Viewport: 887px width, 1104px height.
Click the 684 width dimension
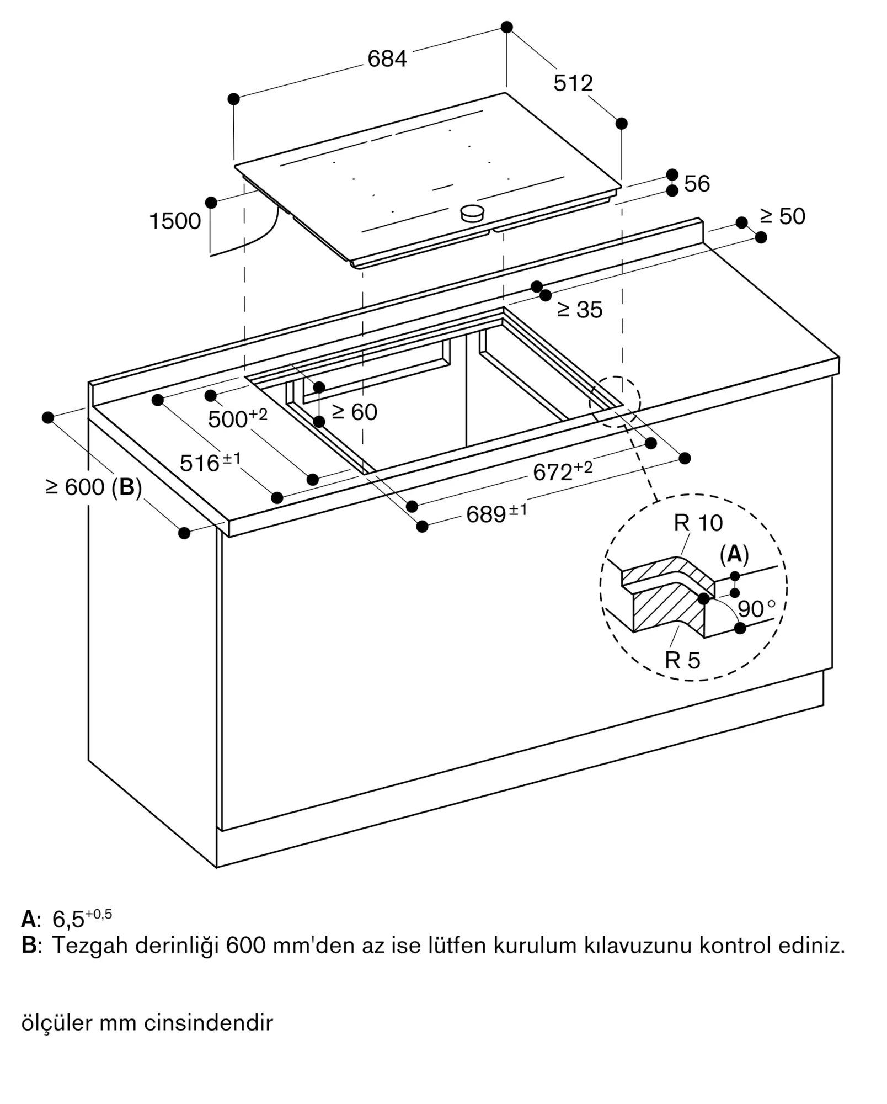[x=387, y=59]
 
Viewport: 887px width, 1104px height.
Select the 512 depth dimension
[x=573, y=83]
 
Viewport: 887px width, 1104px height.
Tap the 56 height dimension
[x=697, y=183]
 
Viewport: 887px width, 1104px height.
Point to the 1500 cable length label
[x=175, y=221]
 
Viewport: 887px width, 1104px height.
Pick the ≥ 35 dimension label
[x=580, y=310]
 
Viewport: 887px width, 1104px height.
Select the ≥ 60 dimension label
[x=355, y=412]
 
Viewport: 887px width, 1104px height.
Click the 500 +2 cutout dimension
[x=238, y=418]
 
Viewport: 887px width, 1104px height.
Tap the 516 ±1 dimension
[x=210, y=462]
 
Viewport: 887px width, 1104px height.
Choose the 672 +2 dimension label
[x=563, y=471]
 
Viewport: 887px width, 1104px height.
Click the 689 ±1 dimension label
[x=496, y=513]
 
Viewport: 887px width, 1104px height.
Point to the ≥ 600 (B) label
[x=94, y=487]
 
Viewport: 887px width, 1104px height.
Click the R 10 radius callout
[x=698, y=523]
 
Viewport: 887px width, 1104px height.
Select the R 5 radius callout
[x=682, y=660]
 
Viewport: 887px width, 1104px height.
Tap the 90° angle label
[x=756, y=609]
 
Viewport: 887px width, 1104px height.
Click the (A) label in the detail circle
[x=734, y=554]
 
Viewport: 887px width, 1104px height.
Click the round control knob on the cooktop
[x=473, y=213]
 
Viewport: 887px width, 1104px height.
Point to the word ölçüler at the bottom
[x=56, y=1022]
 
